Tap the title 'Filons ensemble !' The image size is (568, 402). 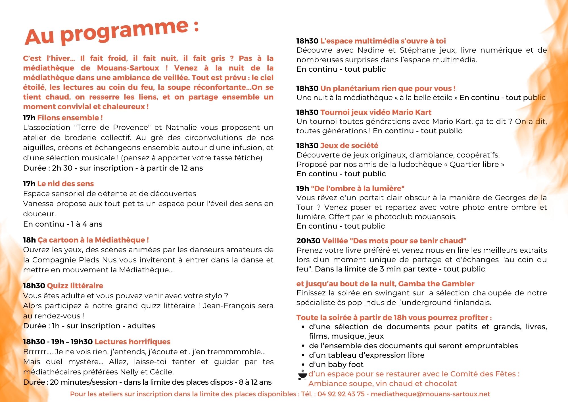[x=70, y=118]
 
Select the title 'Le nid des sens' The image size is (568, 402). [x=65, y=184]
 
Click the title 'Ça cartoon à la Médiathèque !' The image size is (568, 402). [x=93, y=240]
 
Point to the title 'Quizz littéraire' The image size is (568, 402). [x=75, y=286]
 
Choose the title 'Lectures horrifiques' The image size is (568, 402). [x=132, y=342]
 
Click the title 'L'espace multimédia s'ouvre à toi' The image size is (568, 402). [x=383, y=41]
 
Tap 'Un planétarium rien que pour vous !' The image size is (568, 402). [x=388, y=88]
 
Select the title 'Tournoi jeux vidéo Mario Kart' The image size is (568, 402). [x=376, y=112]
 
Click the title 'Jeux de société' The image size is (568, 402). [x=349, y=146]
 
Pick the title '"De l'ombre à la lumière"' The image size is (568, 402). [x=358, y=188]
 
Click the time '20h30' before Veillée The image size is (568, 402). [x=308, y=241]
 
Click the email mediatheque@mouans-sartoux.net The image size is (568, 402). [x=430, y=394]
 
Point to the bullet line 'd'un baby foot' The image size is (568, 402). [x=336, y=364]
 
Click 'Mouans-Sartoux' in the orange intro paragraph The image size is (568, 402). [x=128, y=68]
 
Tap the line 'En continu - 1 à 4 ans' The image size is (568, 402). [x=63, y=224]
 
